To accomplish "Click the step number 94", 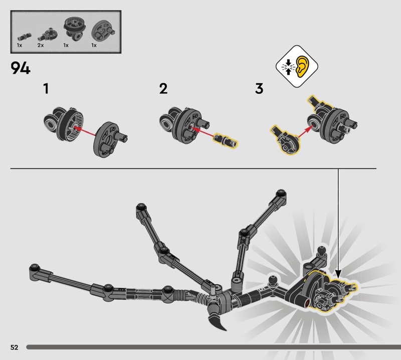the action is (21, 68).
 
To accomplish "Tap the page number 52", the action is (15, 347).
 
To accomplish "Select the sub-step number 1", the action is (46, 89).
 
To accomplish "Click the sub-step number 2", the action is (163, 89).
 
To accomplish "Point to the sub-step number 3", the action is (259, 89).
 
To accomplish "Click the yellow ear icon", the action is (303, 66).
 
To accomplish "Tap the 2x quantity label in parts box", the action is (41, 45).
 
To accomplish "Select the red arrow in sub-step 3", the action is (306, 131).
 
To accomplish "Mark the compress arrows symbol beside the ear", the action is (288, 67).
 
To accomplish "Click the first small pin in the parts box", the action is (24, 38).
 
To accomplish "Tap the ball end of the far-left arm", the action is (34, 268).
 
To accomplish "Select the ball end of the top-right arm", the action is (281, 194).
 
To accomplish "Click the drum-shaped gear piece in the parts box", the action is (75, 28).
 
